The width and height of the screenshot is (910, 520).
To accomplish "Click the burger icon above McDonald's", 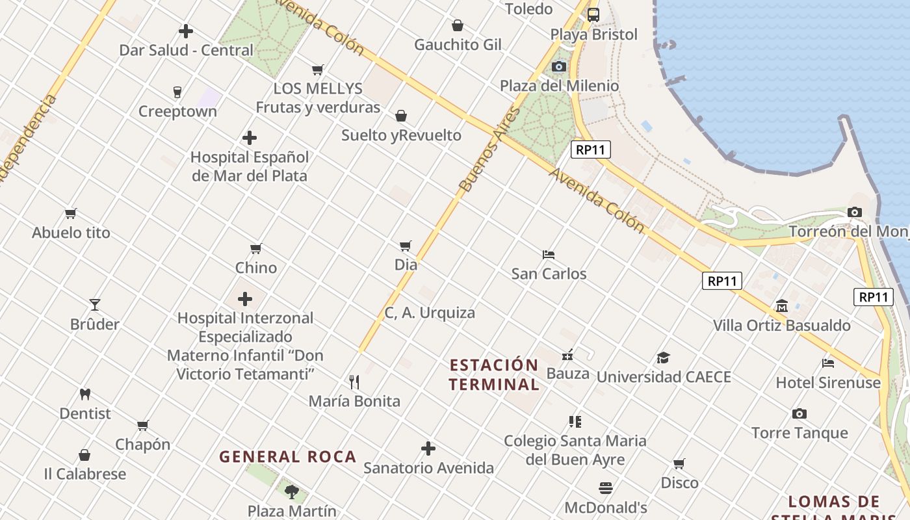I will point(606,487).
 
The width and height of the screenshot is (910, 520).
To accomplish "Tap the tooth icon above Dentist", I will point(84,394).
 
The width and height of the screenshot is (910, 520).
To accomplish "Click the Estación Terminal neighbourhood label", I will point(494,374).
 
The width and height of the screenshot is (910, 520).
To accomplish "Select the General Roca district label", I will point(287,456).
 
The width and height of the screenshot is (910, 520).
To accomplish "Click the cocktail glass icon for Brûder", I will point(95,304).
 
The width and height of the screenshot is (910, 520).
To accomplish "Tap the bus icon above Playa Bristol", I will point(593,14).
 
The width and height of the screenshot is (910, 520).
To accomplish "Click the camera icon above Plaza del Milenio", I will point(559,66).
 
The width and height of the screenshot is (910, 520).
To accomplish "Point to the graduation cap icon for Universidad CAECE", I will point(663,357).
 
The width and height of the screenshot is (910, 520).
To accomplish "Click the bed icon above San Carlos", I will point(549,254).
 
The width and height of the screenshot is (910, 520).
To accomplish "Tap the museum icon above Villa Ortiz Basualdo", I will point(781,305).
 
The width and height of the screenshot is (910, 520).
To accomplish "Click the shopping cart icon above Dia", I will point(406,246).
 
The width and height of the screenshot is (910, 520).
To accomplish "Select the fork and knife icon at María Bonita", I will point(354,382).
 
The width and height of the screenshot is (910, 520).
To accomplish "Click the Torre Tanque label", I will point(799,433).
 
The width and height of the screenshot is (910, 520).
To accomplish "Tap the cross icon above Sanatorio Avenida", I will point(428,448).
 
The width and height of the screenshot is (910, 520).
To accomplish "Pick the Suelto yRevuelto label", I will point(401,135).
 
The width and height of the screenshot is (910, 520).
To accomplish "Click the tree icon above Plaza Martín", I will point(292,491).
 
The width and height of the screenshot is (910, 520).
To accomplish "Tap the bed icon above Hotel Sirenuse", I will point(828,363).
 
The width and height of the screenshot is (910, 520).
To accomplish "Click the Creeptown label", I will point(177,111).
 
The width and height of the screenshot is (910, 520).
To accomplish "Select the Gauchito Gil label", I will point(458,45).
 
